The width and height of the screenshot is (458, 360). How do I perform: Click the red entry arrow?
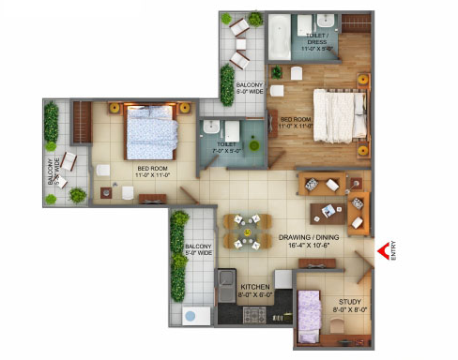(x=383, y=251)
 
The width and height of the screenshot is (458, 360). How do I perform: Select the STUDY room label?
(x=347, y=302)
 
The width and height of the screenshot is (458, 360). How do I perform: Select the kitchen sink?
(x=225, y=281)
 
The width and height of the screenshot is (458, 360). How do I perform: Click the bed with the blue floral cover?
(x=149, y=131)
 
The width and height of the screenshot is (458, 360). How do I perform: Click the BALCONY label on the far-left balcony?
(x=52, y=183)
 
